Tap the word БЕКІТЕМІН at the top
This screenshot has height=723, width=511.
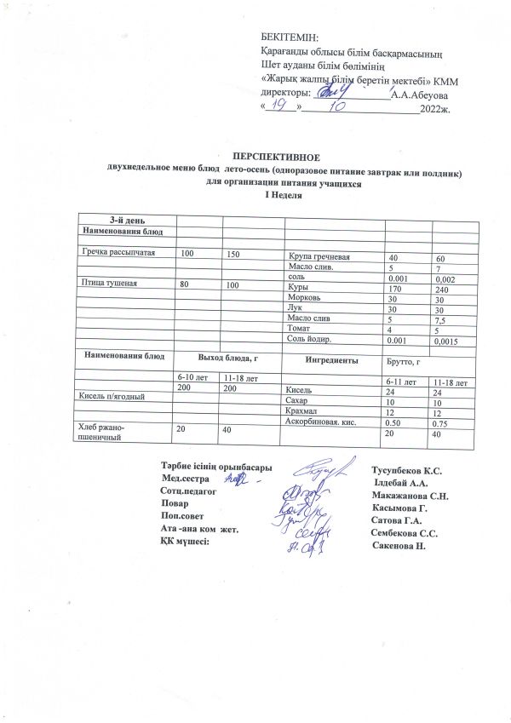pyautogui.click(x=290, y=38)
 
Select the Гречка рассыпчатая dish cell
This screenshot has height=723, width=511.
pyautogui.click(x=118, y=255)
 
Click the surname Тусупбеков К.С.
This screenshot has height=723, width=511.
pyautogui.click(x=406, y=471)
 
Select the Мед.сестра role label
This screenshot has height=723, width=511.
pyautogui.click(x=185, y=480)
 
